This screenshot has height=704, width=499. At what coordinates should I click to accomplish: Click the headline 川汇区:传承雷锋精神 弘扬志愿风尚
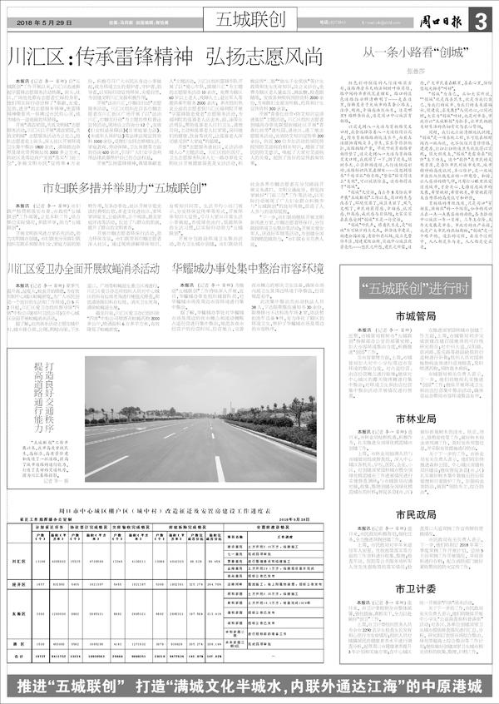pyautogui.click(x=165, y=58)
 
